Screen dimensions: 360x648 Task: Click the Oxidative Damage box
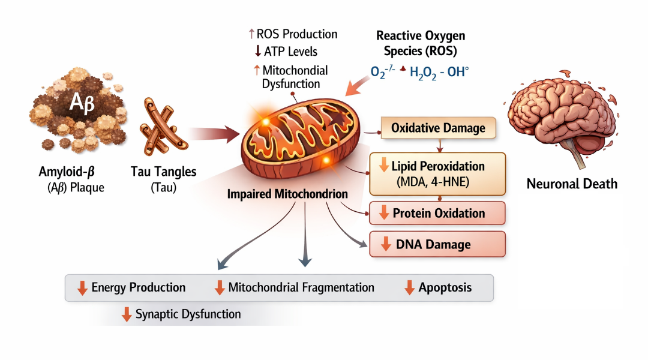pos(439,128)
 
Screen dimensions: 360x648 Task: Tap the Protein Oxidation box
pos(437,213)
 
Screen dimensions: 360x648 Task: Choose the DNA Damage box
pos(437,244)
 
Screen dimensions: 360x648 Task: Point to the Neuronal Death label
pos(572,184)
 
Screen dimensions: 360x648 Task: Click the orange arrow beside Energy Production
pos(82,288)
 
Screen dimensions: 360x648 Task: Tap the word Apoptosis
pos(445,287)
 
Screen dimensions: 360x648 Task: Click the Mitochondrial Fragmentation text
pos(301,287)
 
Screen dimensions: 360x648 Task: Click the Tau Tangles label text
pos(163,172)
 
